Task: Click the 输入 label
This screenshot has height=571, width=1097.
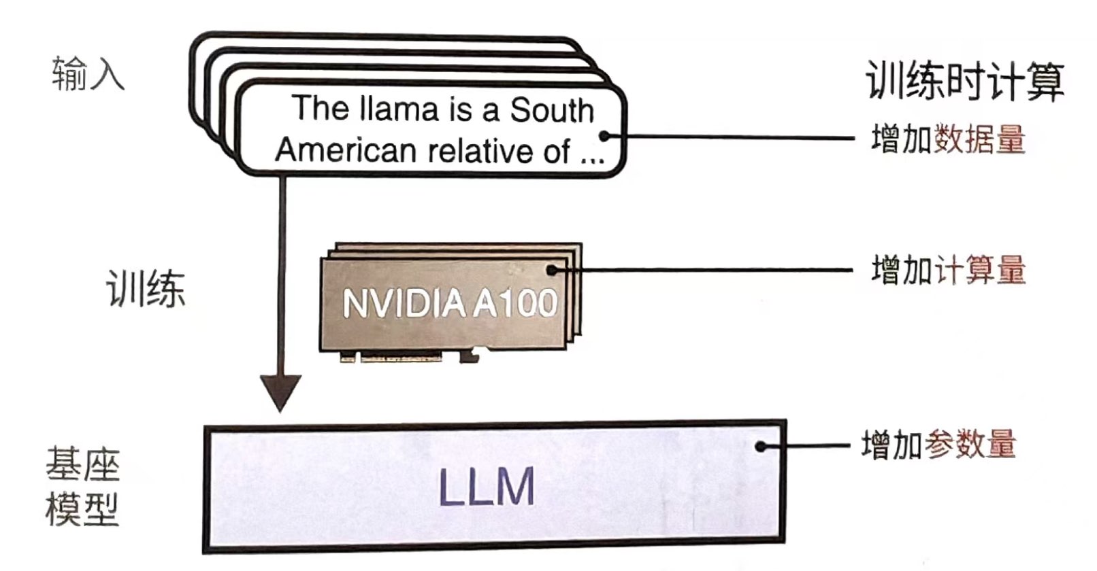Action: click(x=88, y=73)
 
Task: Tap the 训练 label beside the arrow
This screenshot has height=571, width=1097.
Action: click(x=145, y=288)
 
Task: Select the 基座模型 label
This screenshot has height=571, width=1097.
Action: click(x=82, y=486)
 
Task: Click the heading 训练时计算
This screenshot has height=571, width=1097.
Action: click(x=964, y=82)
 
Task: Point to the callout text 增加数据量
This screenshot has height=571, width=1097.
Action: click(x=948, y=139)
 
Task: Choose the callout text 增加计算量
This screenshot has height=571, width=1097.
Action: click(x=948, y=270)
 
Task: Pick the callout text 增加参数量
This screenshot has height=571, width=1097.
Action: click(x=938, y=445)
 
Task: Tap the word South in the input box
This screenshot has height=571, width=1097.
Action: click(x=552, y=110)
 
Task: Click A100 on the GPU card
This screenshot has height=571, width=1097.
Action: click(x=515, y=302)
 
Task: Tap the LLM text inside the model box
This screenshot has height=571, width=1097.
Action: click(x=486, y=487)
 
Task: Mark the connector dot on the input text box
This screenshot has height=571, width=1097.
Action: click(x=604, y=137)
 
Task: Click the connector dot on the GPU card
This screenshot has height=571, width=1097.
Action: click(x=551, y=271)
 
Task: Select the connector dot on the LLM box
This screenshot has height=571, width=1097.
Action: click(x=762, y=447)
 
